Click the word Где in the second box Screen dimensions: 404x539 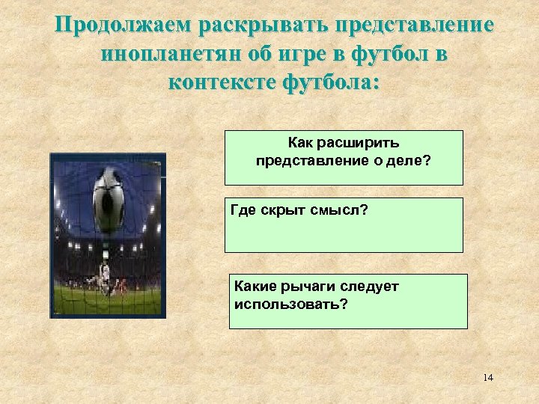click(x=244, y=211)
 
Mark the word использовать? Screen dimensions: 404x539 click(x=291, y=304)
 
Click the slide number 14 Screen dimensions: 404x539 click(x=488, y=377)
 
